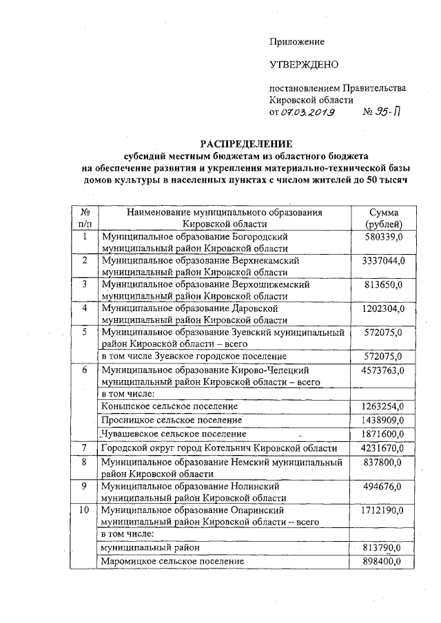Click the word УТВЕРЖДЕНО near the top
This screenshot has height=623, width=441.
click(x=305, y=65)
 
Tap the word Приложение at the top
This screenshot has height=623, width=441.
click(x=296, y=42)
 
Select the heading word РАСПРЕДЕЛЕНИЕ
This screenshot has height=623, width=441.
click(x=246, y=144)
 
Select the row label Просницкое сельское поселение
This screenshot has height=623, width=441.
click(x=172, y=420)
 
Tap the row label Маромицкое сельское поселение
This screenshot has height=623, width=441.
click(x=173, y=562)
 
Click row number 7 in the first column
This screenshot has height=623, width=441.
click(x=84, y=448)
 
